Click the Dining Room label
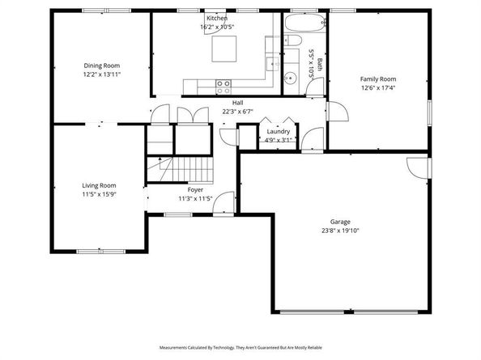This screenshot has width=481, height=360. (102, 66)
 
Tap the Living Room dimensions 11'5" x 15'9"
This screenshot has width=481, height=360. (99, 194)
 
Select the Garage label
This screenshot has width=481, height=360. (340, 222)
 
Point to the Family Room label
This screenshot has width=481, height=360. (378, 79)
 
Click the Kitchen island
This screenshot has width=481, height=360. (224, 49)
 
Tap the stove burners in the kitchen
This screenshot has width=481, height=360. (223, 87)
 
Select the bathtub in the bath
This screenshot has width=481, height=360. (305, 23)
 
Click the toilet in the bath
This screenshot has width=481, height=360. (292, 40)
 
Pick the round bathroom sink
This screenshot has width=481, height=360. (290, 78)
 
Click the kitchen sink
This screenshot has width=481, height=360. (273, 64)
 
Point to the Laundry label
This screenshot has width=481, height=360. (279, 131)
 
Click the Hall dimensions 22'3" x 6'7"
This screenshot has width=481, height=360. (238, 112)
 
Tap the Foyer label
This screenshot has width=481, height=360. (195, 189)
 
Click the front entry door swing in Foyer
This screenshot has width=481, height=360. (223, 202)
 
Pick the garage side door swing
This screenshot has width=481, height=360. (418, 167)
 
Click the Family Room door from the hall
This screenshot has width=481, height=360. (338, 111)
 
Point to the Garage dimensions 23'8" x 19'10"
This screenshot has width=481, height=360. (340, 231)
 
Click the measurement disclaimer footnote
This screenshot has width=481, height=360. (240, 347)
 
